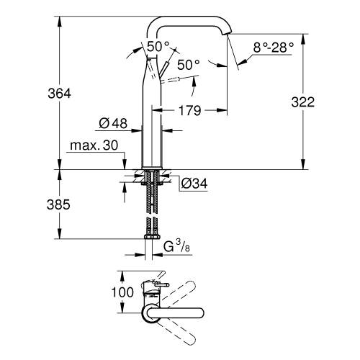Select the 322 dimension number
[303, 102]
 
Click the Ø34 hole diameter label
[192, 184]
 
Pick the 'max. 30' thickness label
[93, 145]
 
